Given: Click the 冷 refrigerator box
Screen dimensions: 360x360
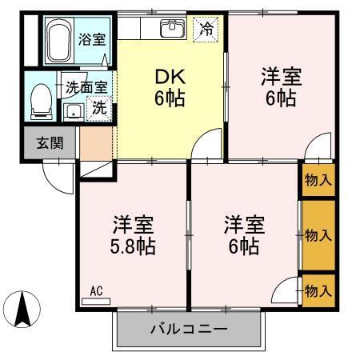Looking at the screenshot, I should (206, 30).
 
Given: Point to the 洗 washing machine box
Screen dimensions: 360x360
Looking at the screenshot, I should (100, 107).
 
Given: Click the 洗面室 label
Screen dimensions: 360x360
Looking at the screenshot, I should (84, 87).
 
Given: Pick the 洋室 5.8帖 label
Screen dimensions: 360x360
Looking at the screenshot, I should (133, 234).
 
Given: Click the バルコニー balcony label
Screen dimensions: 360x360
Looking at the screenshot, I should (190, 329).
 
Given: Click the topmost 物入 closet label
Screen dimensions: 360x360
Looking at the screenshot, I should (318, 181).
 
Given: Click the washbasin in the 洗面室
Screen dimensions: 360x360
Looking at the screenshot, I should (74, 111).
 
